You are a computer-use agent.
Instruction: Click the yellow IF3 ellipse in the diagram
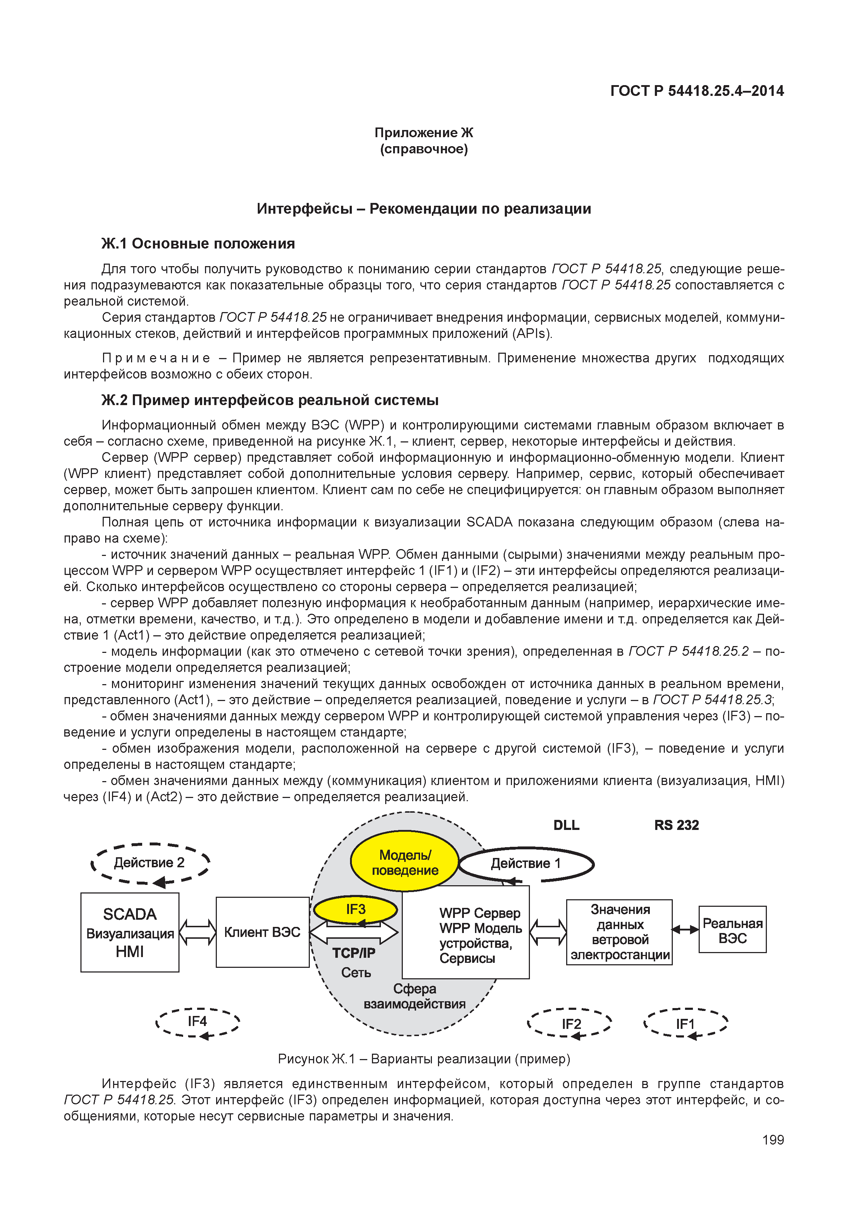click(355, 909)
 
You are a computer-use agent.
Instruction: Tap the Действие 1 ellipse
click(526, 864)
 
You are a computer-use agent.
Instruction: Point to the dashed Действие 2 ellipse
click(150, 863)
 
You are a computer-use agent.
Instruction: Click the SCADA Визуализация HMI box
click(130, 933)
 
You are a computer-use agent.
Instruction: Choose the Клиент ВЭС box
click(262, 932)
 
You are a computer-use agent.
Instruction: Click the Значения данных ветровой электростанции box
click(620, 932)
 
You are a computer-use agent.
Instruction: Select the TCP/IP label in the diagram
click(354, 953)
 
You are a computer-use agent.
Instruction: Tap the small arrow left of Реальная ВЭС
click(685, 930)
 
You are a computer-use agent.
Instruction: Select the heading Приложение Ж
click(424, 133)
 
